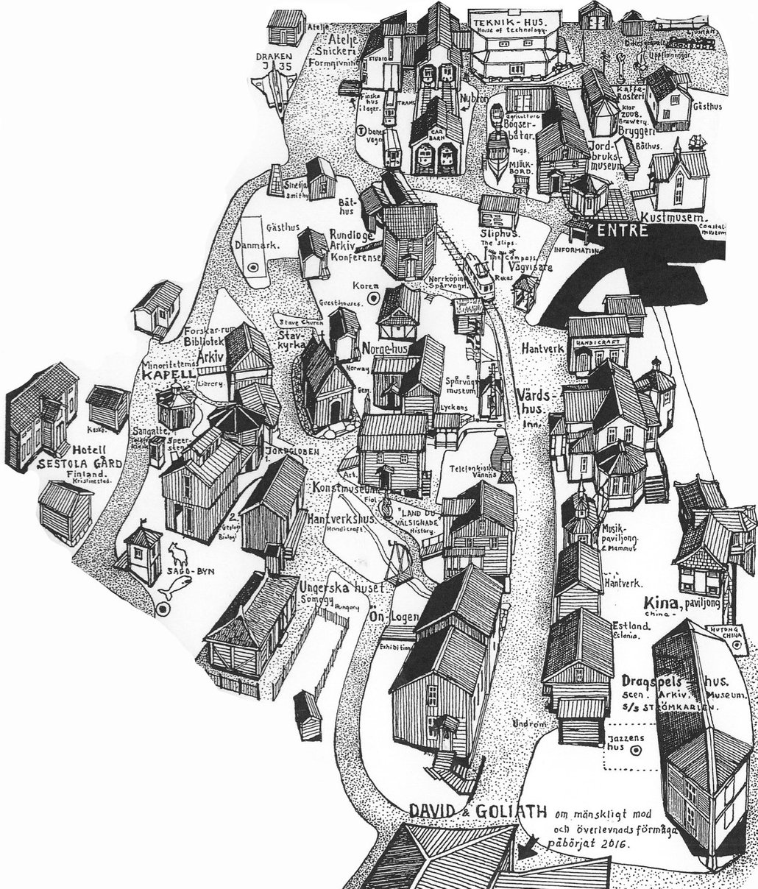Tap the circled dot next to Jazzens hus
[637, 749]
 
